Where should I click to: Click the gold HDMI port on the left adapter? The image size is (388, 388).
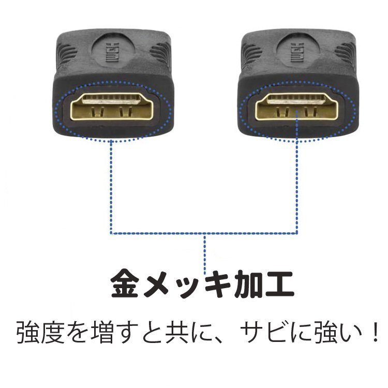[112, 107]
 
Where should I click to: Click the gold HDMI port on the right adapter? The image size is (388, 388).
[297, 107]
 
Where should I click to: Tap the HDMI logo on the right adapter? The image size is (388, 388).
[297, 52]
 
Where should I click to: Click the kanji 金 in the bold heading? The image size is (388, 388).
[125, 285]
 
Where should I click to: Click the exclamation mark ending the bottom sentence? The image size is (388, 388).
[376, 332]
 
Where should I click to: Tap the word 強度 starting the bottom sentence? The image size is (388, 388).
[41, 332]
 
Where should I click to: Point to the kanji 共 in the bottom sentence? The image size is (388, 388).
[177, 332]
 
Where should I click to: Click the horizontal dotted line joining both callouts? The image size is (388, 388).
[204, 233]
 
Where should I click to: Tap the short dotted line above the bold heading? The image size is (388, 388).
[205, 255]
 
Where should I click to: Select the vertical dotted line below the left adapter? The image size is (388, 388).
[111, 187]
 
